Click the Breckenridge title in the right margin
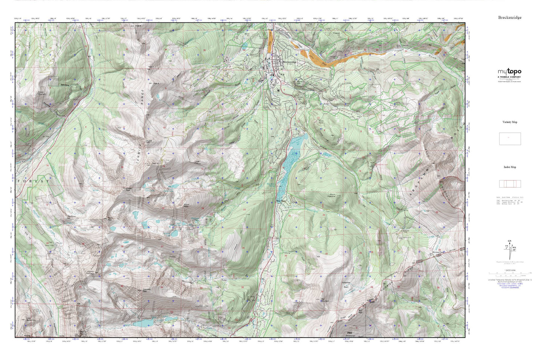click(509, 18)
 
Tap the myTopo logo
click(509, 72)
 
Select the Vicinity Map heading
click(509, 122)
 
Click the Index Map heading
click(509, 167)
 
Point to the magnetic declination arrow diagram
click(509, 248)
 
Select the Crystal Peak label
click(129, 189)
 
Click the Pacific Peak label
click(110, 219)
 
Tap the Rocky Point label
click(321, 122)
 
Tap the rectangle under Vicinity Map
click(510, 139)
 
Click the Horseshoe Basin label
click(346, 285)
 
